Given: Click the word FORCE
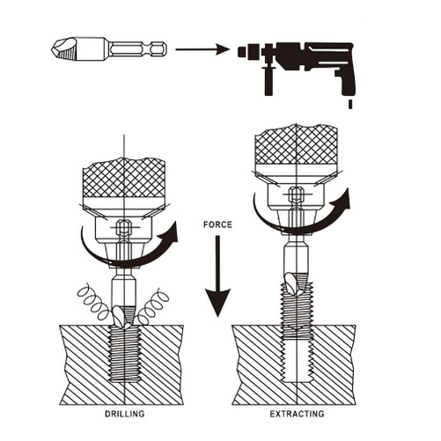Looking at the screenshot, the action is pos(217,224).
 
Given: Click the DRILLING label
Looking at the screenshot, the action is pos(125,414).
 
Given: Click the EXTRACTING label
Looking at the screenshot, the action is pos(297,414).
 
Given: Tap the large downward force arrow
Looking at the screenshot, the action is pos(217,276).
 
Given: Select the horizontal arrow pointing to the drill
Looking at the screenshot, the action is pos(202,49).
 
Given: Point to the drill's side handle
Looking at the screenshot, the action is pos(268,81).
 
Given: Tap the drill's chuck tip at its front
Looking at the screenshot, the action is pos(241,52).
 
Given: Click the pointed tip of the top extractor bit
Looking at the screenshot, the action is pos(53,48).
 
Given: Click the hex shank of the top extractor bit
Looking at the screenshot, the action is pos(138,49).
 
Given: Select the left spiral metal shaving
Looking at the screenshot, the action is pos(93,302).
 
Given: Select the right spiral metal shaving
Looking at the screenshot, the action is pos(152,305).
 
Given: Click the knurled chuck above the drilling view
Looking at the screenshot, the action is pos(123,178).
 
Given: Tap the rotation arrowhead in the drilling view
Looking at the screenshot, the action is pos(170,232).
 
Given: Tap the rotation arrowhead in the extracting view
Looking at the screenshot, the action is pos(342,199).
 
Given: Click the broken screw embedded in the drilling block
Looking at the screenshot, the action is pos(125,354).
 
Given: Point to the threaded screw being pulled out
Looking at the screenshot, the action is pos(297,310).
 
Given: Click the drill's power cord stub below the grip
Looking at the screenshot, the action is pos(350,105).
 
